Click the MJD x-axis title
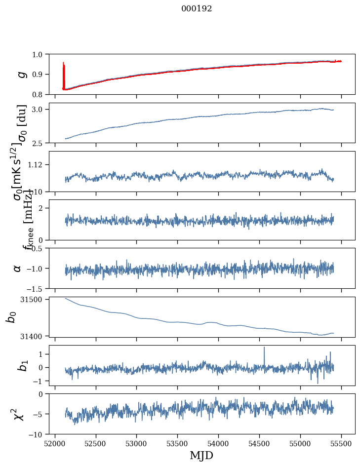tap(201, 455)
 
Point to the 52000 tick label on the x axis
tap(55, 443)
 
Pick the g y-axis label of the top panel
tap(21, 74)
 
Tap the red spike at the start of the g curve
tap(64, 69)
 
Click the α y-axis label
tap(18, 268)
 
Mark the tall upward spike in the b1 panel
tap(264, 349)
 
